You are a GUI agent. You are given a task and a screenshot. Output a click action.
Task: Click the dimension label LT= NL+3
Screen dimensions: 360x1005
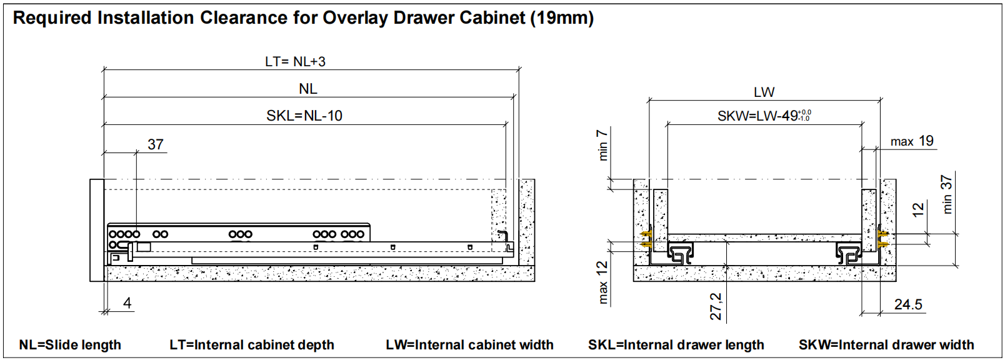pos(295,61)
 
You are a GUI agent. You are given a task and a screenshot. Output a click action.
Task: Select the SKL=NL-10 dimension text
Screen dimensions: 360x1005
pos(304,116)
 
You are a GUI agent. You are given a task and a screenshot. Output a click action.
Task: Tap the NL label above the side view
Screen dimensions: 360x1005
pos(308,89)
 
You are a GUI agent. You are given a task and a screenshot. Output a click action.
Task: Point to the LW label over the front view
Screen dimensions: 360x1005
pos(764,92)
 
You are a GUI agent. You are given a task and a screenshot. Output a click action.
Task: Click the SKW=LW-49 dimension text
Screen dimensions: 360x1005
pos(764,116)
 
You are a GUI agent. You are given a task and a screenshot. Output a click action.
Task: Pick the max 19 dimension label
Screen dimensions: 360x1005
pos(912,141)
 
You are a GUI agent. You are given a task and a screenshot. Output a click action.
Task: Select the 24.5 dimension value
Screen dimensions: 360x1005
pos(908,304)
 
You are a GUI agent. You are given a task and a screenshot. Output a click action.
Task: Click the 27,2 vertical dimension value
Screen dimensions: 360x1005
pos(716,306)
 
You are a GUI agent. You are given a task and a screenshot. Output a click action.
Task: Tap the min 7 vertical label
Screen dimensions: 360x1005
pos(602,145)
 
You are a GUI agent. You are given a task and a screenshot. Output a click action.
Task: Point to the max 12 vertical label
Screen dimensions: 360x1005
pos(602,282)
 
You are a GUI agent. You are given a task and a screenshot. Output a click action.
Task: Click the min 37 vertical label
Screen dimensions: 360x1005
pos(946,194)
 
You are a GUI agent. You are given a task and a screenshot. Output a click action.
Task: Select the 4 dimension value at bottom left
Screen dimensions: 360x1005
pos(127,303)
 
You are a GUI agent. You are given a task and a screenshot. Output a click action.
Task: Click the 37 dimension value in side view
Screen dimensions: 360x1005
pos(156,144)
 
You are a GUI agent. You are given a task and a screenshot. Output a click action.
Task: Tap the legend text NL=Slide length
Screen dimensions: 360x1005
pos(70,345)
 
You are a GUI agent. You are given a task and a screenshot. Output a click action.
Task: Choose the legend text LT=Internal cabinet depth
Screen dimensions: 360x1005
pos(252,345)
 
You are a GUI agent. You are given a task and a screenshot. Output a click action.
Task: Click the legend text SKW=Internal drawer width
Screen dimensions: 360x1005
pos(886,345)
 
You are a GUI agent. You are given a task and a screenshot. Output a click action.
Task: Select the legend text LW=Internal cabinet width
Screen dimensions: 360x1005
pos(469,345)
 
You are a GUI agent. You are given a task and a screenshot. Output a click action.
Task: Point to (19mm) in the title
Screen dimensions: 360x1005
pos(562,17)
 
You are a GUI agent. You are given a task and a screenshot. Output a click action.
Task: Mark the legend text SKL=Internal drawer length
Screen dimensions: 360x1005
pos(676,345)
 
